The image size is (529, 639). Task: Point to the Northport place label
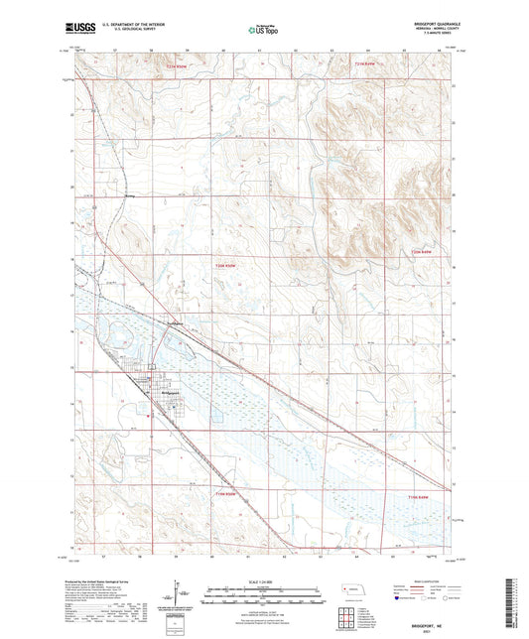click(175, 324)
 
